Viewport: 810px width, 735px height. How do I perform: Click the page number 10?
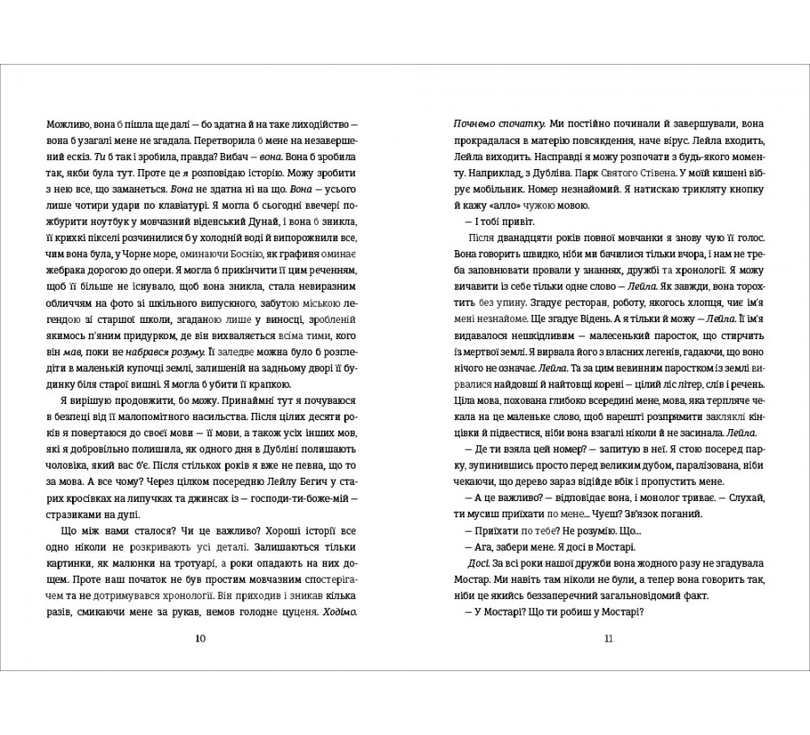tap(200, 639)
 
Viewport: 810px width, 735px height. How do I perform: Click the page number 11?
tap(609, 639)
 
